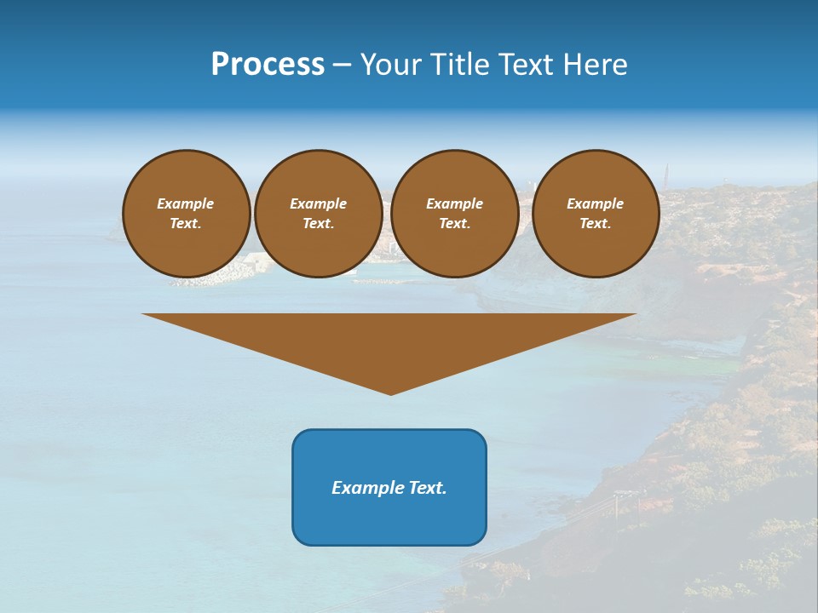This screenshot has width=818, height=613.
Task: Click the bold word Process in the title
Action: (x=268, y=65)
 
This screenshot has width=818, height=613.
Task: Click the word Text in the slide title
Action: (x=527, y=65)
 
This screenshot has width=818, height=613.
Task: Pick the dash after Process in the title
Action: (x=342, y=66)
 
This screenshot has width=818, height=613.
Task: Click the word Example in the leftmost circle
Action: (x=186, y=203)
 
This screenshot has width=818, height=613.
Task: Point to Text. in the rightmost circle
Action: (x=596, y=223)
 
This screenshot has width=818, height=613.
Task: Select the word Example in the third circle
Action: (x=455, y=203)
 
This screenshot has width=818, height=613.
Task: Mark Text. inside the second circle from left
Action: (x=319, y=223)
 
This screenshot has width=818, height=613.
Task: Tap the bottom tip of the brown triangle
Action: (x=390, y=392)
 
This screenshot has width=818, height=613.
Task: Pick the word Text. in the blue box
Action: (x=429, y=488)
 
